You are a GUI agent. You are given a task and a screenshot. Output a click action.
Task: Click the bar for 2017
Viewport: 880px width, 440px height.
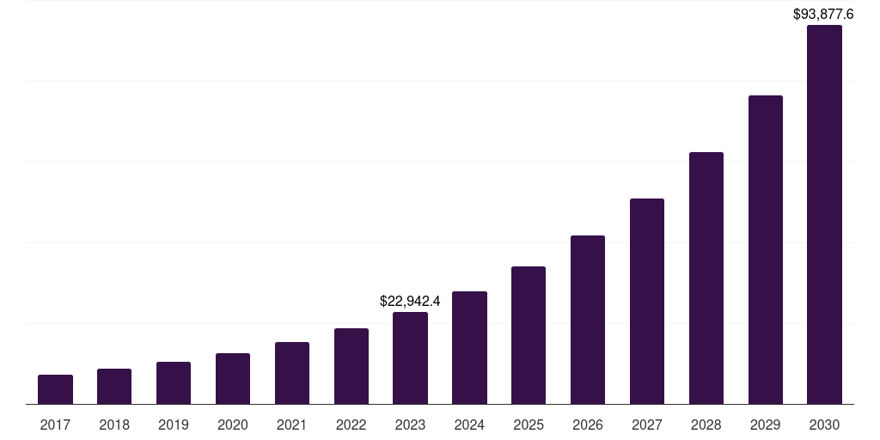tap(55, 389)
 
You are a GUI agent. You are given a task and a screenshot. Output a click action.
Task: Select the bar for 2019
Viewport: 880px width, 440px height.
tap(174, 383)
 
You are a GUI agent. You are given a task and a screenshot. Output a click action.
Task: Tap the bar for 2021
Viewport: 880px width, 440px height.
tap(292, 373)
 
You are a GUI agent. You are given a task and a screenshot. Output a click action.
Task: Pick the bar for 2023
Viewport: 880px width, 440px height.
tap(410, 357)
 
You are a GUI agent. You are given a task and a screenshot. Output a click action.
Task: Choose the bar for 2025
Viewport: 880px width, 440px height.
tap(529, 335)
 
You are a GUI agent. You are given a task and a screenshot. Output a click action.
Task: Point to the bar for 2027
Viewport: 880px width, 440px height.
tap(647, 301)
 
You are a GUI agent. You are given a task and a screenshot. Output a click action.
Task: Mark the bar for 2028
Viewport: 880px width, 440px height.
tap(706, 278)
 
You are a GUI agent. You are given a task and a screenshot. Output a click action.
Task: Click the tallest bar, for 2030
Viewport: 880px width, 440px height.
tap(824, 215)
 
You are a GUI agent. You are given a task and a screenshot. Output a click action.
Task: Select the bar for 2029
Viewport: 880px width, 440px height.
tap(766, 249)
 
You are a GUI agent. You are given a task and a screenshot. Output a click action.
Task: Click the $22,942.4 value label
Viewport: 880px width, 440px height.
tap(410, 302)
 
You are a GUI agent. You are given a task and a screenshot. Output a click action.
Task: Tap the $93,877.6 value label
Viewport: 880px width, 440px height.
tap(823, 14)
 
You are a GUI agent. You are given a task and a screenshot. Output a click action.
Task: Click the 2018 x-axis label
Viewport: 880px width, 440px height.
tap(114, 425)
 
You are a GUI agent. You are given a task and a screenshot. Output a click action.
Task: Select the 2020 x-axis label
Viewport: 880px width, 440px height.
tap(233, 425)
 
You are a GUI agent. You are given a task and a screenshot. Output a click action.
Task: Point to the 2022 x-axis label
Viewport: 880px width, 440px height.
tap(351, 425)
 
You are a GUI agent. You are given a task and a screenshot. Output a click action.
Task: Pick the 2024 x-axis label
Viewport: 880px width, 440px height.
tap(469, 425)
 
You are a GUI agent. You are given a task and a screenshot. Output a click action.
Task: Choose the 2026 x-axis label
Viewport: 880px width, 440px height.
tap(588, 425)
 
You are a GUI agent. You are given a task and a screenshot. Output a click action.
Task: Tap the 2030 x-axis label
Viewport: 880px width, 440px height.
tap(824, 425)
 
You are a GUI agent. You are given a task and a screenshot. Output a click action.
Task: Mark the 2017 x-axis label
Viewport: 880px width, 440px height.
tap(55, 425)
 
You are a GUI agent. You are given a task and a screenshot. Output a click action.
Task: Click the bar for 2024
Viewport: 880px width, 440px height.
tap(469, 347)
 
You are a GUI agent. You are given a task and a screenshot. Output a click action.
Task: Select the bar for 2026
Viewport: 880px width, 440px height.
tap(588, 320)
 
